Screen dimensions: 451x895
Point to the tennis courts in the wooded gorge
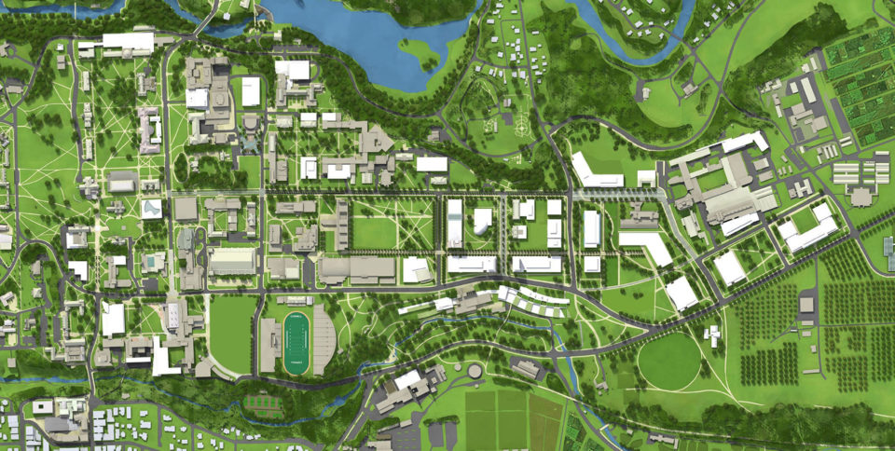pos(263,403)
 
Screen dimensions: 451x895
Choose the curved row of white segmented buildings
pos(531,301)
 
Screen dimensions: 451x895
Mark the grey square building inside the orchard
pos(806,306)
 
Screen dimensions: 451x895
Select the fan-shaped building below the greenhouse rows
pos(861,196)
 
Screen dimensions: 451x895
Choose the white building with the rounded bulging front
pos(482,221)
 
